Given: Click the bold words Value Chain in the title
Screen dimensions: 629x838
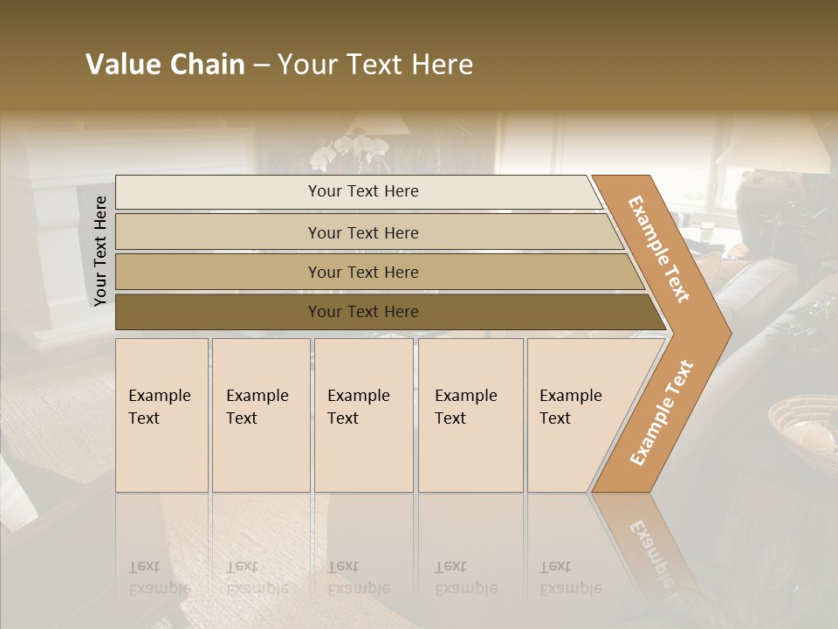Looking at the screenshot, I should click(x=165, y=65).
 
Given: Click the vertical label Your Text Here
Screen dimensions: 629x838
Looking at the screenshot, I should click(x=100, y=251).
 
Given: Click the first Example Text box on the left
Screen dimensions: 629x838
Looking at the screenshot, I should click(x=161, y=415).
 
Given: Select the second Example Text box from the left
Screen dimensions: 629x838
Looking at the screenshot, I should click(x=260, y=415).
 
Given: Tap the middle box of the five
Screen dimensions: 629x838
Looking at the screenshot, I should click(x=363, y=415).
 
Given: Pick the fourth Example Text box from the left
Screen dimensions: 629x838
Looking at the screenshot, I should click(x=471, y=415).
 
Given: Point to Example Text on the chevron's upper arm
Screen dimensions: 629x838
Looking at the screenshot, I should click(x=659, y=249).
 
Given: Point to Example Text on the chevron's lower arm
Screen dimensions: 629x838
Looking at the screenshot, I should click(x=662, y=412).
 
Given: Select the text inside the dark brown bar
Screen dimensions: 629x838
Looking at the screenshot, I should click(x=363, y=312).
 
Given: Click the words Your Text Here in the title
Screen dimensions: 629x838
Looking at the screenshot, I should click(x=375, y=65).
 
